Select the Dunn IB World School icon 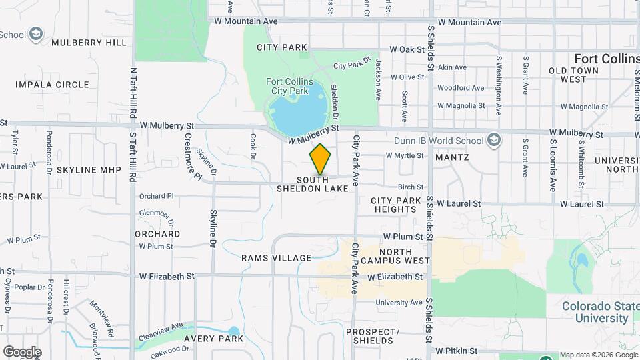pyautogui.click(x=493, y=140)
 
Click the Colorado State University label pyautogui.click(x=595, y=312)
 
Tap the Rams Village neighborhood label pyautogui.click(x=276, y=258)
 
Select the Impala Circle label pyautogui.click(x=52, y=85)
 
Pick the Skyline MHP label pyautogui.click(x=89, y=170)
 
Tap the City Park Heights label pyautogui.click(x=396, y=205)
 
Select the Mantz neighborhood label pyautogui.click(x=452, y=157)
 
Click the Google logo pyautogui.click(x=22, y=351)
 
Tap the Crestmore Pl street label pyautogui.click(x=189, y=156)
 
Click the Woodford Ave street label pyautogui.click(x=461, y=87)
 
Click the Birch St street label pyautogui.click(x=411, y=187)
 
